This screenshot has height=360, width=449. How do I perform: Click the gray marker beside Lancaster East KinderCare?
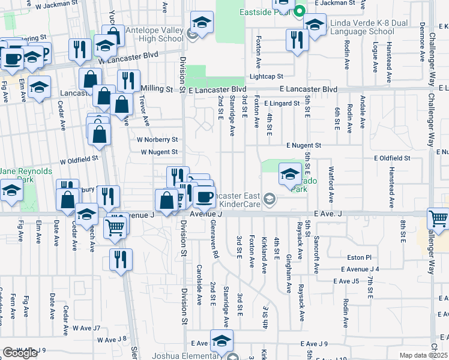coord(270,199)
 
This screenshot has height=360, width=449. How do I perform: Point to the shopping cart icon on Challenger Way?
coord(439,220)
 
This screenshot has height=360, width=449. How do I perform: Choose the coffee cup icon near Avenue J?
coord(204,196)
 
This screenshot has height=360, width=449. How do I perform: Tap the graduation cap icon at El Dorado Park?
coord(290,175)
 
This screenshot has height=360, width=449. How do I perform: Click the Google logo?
coord(20,353)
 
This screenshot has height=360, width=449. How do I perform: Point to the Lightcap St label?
coord(266,77)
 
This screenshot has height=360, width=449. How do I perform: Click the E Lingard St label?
coord(281,104)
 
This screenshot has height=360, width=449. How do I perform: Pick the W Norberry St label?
coord(158,139)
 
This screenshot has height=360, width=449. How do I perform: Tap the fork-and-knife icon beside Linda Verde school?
coord(297,40)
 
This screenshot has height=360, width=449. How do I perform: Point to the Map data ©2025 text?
coord(423,355)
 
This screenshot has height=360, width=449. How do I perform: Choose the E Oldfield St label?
coord(392,158)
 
